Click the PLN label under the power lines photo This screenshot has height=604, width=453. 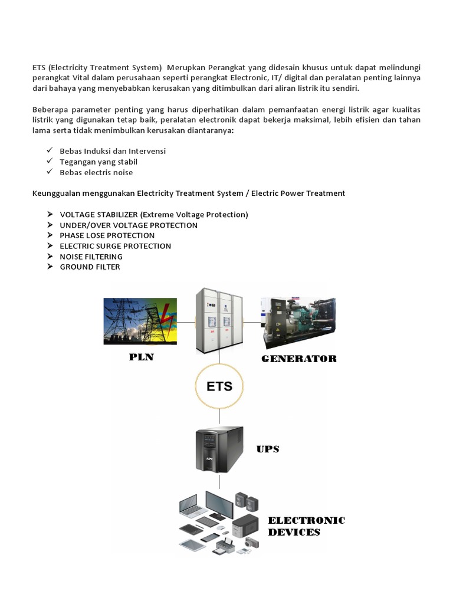(141, 357)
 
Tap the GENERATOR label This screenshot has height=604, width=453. (299, 359)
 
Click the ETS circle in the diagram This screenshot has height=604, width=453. (219, 387)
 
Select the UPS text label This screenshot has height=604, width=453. (268, 449)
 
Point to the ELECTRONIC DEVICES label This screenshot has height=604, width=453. (306, 526)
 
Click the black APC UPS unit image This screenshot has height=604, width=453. (219, 449)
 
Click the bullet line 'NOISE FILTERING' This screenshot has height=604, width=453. (91, 257)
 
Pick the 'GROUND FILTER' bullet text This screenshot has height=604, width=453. (90, 267)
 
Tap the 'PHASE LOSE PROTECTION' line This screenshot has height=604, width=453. (107, 235)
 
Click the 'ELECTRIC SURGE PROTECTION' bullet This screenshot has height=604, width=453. (115, 246)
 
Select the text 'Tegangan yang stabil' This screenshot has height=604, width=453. (99, 162)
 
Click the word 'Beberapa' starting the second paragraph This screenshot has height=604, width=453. (49, 110)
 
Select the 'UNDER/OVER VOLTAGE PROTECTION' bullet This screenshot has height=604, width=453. (129, 225)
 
